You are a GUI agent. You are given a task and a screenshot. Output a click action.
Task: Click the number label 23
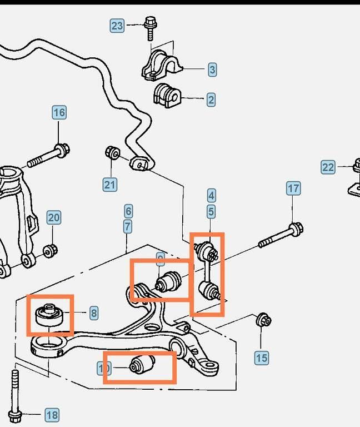click(117, 26)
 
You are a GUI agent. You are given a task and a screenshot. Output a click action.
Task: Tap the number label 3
click(212, 70)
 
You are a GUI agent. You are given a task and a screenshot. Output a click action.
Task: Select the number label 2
click(211, 100)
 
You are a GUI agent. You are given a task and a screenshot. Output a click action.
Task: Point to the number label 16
click(59, 112)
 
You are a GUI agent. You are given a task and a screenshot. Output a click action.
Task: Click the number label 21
click(109, 185)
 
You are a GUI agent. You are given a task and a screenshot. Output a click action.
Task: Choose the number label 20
click(53, 217)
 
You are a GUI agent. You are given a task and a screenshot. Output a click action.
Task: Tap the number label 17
click(293, 188)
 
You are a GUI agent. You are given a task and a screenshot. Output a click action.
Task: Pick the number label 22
click(328, 167)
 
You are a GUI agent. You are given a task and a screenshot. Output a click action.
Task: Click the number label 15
click(261, 358)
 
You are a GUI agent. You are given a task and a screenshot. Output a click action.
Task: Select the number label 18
click(52, 415)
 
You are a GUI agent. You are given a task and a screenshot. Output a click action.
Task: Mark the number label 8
click(93, 314)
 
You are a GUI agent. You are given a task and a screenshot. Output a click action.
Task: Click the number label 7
click(128, 226)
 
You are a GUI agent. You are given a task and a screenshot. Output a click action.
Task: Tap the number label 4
click(211, 196)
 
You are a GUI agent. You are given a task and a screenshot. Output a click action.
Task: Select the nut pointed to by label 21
click(112, 152)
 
